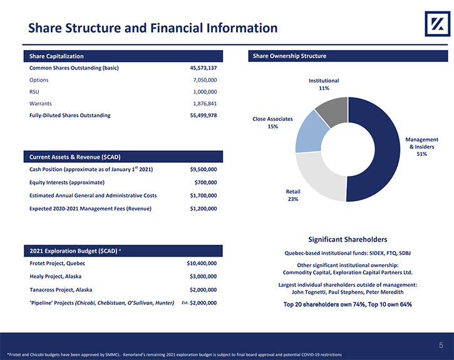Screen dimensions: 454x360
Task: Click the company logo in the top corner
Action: pyautogui.click(x=437, y=24)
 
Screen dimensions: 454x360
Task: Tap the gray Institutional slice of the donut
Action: pyautogui.click(x=333, y=111)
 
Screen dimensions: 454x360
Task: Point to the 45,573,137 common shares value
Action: pyautogui.click(x=204, y=68)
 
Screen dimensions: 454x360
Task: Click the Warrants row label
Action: pyautogui.click(x=41, y=103)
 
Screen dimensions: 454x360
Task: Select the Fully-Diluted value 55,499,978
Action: pyautogui.click(x=204, y=115)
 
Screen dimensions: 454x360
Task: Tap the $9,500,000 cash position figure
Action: pyautogui.click(x=204, y=170)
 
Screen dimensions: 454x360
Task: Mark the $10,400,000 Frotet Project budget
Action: pyautogui.click(x=202, y=264)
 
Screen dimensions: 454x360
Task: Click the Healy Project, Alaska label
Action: pyautogui.click(x=56, y=276)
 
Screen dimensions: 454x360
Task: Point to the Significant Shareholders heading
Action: pyautogui.click(x=348, y=239)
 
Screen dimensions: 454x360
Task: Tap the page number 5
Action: pyautogui.click(x=441, y=345)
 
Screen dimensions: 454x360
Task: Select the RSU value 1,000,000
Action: pyautogui.click(x=205, y=92)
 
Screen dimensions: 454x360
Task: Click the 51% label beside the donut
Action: pyautogui.click(x=422, y=154)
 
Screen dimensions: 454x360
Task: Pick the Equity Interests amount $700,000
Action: pyautogui.click(x=205, y=183)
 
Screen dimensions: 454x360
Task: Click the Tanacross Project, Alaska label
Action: pyautogui.click(x=61, y=290)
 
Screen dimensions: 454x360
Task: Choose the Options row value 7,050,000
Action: pyautogui.click(x=205, y=80)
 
